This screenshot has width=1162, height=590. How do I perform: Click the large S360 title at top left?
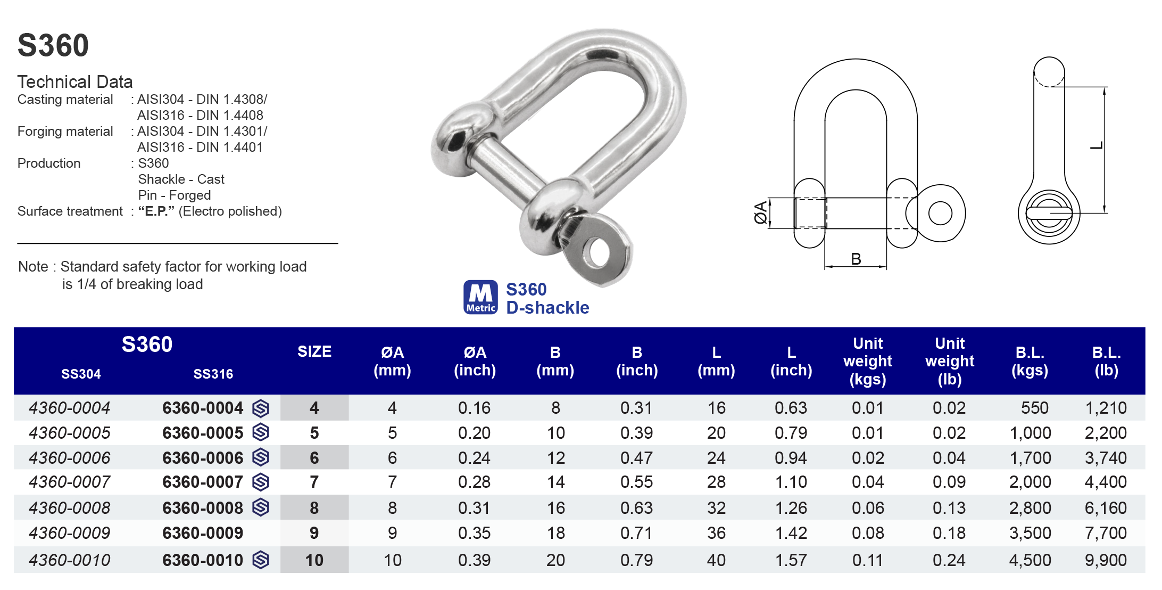(53, 45)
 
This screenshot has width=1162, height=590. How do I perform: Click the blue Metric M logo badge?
(480, 297)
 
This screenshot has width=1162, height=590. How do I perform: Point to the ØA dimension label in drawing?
(761, 212)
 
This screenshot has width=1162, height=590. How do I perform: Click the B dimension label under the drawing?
(856, 259)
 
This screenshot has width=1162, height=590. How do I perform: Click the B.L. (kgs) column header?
(1030, 361)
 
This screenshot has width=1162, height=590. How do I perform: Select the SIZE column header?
(314, 351)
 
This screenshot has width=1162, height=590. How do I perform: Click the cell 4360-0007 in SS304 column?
(70, 482)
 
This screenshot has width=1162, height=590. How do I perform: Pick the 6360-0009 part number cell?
(203, 533)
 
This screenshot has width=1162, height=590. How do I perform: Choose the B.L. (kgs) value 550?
(1034, 408)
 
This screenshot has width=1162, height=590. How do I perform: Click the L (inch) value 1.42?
(791, 533)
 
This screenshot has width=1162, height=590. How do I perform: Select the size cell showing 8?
(314, 508)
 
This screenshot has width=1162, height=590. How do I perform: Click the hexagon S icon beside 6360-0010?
(261, 560)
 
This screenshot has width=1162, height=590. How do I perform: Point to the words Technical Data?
(75, 82)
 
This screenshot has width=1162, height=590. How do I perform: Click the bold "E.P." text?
(156, 211)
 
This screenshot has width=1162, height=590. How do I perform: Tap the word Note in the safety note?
(33, 267)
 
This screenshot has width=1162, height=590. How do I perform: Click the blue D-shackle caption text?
(547, 308)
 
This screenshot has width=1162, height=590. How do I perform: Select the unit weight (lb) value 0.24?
(949, 560)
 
